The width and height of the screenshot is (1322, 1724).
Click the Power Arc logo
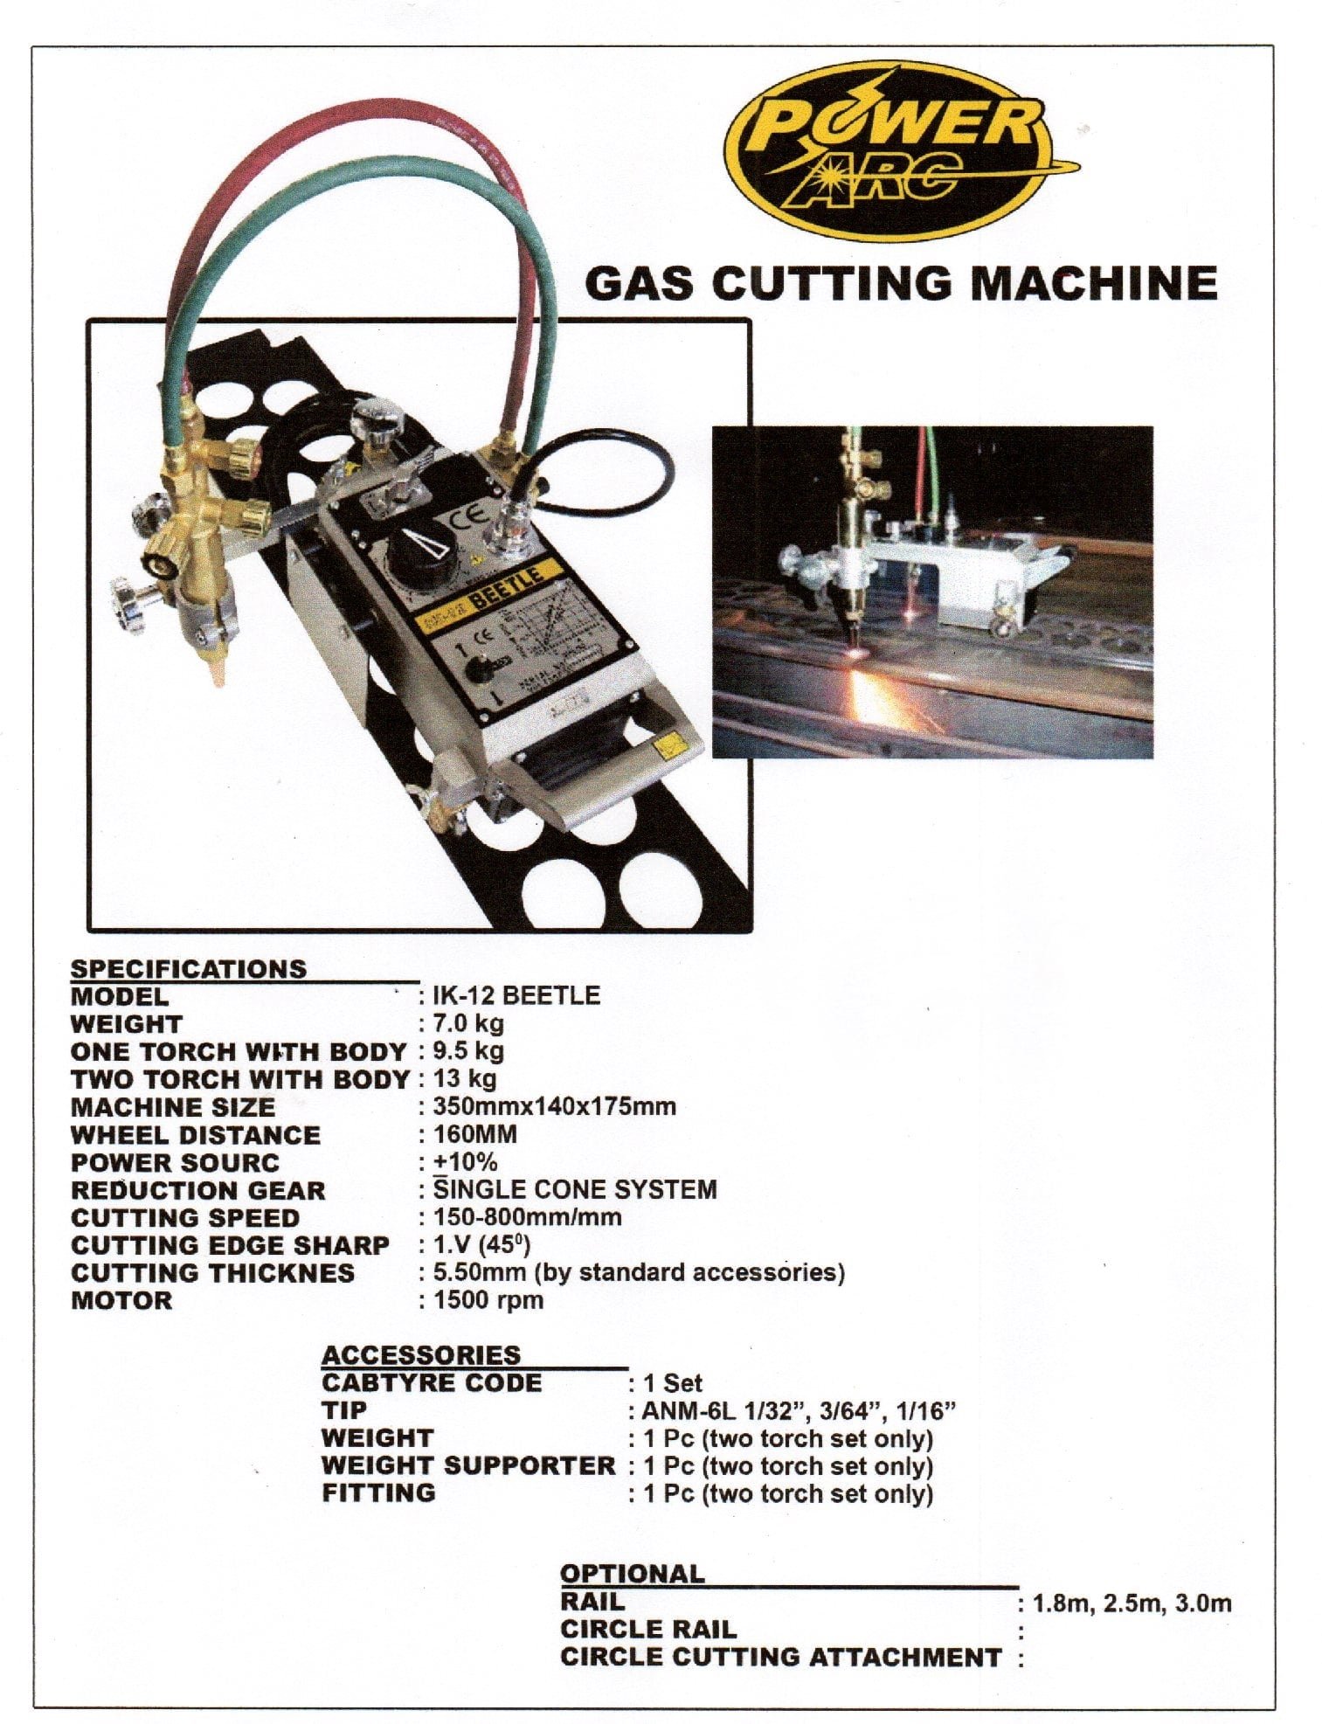900,150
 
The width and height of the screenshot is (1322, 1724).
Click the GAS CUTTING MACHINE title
901,283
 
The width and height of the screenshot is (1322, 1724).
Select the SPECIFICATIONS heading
189,968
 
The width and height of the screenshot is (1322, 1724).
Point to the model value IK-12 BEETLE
516,995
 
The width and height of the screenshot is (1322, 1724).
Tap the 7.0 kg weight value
468,1023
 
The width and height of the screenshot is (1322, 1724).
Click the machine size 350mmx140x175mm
554,1106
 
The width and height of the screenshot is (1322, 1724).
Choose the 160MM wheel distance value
475,1134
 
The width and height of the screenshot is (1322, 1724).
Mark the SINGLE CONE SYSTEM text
575,1189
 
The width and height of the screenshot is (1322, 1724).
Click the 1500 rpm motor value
488,1299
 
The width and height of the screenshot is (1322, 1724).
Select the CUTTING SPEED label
185,1217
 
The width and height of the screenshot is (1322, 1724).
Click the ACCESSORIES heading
421,1354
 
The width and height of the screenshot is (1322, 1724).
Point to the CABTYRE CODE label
432,1382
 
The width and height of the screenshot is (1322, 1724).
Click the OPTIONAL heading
632,1573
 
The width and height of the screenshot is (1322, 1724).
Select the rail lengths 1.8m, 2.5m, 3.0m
1132,1603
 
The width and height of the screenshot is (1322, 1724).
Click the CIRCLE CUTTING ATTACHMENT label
780,1657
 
